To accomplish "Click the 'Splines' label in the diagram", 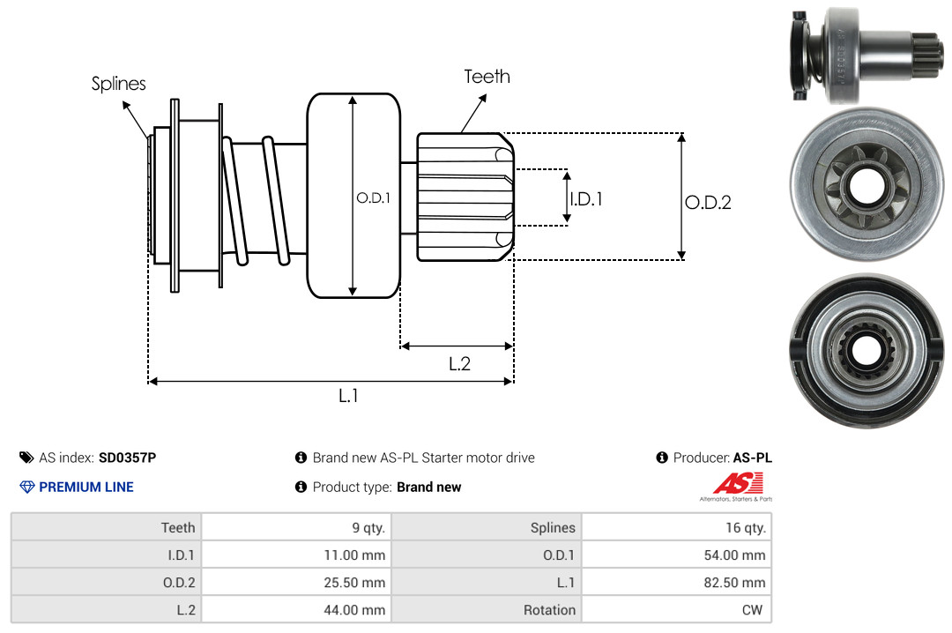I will click(118, 84).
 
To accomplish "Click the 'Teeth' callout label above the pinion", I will click(487, 77).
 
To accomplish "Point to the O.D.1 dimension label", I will click(373, 198).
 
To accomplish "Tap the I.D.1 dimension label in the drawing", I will click(586, 199).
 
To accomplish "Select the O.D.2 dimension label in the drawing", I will click(708, 203).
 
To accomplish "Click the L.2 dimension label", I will click(459, 363).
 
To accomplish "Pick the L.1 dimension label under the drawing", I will click(349, 396).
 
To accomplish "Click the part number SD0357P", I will click(127, 458).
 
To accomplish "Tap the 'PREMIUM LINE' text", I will click(86, 487).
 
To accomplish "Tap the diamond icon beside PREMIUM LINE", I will click(26, 487).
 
